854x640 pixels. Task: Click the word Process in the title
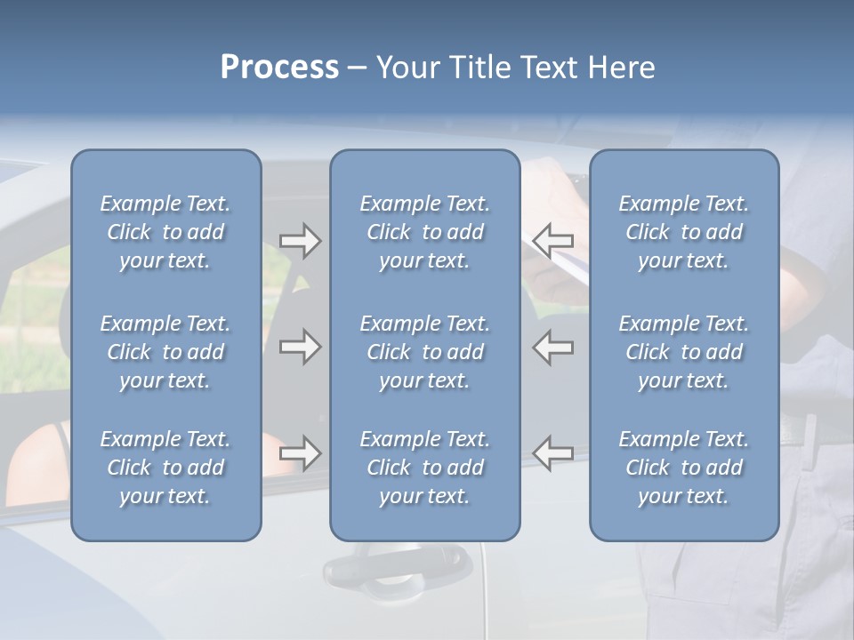pyautogui.click(x=279, y=68)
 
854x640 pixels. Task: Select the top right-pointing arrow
pyautogui.click(x=300, y=241)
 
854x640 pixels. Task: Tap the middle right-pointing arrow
pyautogui.click(x=300, y=347)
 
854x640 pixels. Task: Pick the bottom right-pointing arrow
pyautogui.click(x=300, y=453)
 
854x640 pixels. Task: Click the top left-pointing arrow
pyautogui.click(x=553, y=241)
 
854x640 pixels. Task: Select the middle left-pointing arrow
pyautogui.click(x=553, y=347)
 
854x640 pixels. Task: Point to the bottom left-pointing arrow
pyautogui.click(x=553, y=453)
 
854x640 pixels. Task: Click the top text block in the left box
pyautogui.click(x=165, y=232)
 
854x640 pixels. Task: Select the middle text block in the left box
pyautogui.click(x=165, y=352)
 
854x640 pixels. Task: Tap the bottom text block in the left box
pyautogui.click(x=165, y=468)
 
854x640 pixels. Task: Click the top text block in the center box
pyautogui.click(x=424, y=232)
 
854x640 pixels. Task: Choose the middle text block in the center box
pyautogui.click(x=424, y=352)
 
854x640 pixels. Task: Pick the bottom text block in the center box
pyautogui.click(x=424, y=468)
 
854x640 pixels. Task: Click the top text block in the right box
pyautogui.click(x=683, y=232)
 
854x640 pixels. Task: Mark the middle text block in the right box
pyautogui.click(x=683, y=352)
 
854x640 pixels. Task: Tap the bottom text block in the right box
pyautogui.click(x=683, y=468)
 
